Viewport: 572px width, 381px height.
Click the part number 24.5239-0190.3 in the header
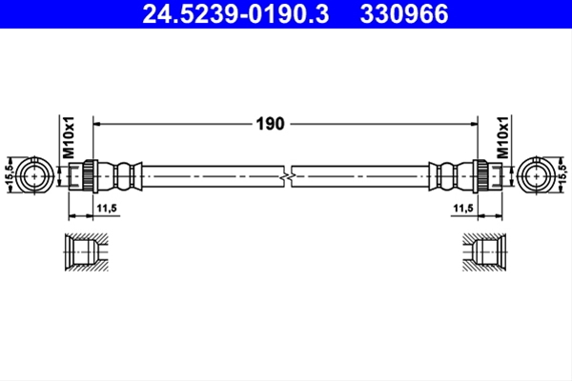[x=235, y=14]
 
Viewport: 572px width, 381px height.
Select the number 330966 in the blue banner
[x=404, y=14]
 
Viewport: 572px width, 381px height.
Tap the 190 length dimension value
[x=270, y=124]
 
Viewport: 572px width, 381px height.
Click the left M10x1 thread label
[x=69, y=138]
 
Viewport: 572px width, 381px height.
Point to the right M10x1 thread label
[x=502, y=138]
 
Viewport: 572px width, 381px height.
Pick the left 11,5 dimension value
[x=107, y=209]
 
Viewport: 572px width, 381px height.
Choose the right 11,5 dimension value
[x=463, y=209]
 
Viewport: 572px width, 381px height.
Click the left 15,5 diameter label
[x=10, y=175]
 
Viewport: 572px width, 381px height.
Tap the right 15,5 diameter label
[x=562, y=175]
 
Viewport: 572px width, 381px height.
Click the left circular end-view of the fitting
[x=34, y=176]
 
